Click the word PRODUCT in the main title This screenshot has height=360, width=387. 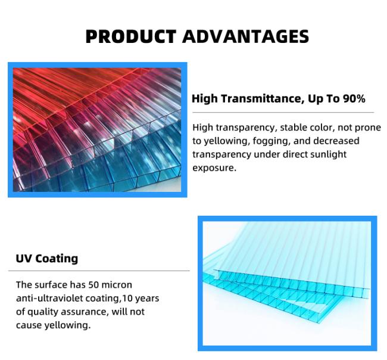(x=130, y=36)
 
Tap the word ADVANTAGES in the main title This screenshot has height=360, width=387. (x=245, y=36)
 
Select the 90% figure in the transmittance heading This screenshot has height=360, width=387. (x=354, y=99)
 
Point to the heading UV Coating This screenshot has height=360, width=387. (x=47, y=259)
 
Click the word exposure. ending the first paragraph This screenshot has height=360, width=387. (x=214, y=168)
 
